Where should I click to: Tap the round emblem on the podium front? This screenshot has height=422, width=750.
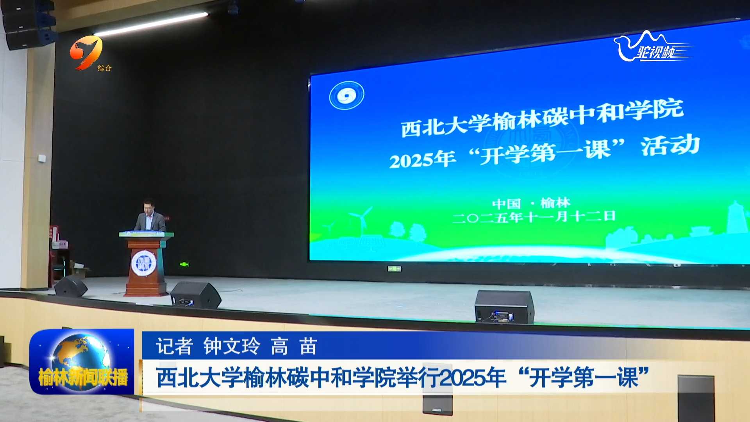pyautogui.click(x=144, y=263)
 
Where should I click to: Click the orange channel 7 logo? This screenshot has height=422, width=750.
pyautogui.click(x=86, y=52)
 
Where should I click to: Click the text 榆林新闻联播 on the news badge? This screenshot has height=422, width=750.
pyautogui.click(x=83, y=378)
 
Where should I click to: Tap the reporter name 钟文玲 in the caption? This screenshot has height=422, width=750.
pyautogui.click(x=232, y=346)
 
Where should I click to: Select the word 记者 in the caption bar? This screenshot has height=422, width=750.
pyautogui.click(x=174, y=346)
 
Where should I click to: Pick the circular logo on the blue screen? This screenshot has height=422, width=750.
pyautogui.click(x=346, y=95)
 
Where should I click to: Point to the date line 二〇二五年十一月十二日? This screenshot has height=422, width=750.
pyautogui.click(x=534, y=217)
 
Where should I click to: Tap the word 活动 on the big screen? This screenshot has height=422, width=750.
pyautogui.click(x=670, y=145)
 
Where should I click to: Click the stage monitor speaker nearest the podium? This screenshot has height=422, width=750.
pyautogui.click(x=195, y=295)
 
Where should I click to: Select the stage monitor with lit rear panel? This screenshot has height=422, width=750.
pyautogui.click(x=504, y=307)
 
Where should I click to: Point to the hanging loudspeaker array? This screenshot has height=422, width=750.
pyautogui.click(x=30, y=24)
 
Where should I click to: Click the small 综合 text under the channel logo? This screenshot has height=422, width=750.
pyautogui.click(x=104, y=68)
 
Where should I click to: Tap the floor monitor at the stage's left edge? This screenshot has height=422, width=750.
pyautogui.click(x=71, y=286)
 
